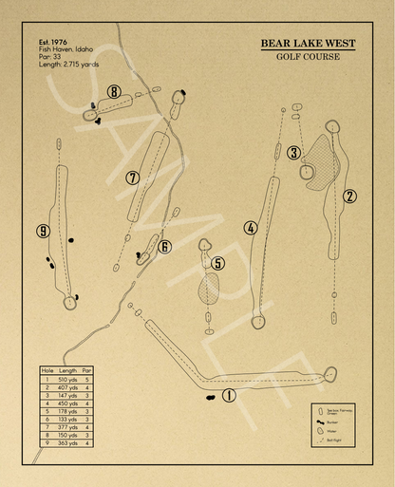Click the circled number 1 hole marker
coord(228,396)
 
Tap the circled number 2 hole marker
coord(349,197)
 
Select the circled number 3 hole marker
coord(294,152)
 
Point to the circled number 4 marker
coord(251,228)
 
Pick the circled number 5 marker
coord(218,263)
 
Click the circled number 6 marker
coord(165,247)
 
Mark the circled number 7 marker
coord(133,178)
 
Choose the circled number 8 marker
coord(114,92)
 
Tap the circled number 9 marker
coord(43,231)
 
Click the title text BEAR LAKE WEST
coord(309,43)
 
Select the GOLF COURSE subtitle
coord(309,57)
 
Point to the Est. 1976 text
coord(55,43)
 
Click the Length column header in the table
coord(67,370)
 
